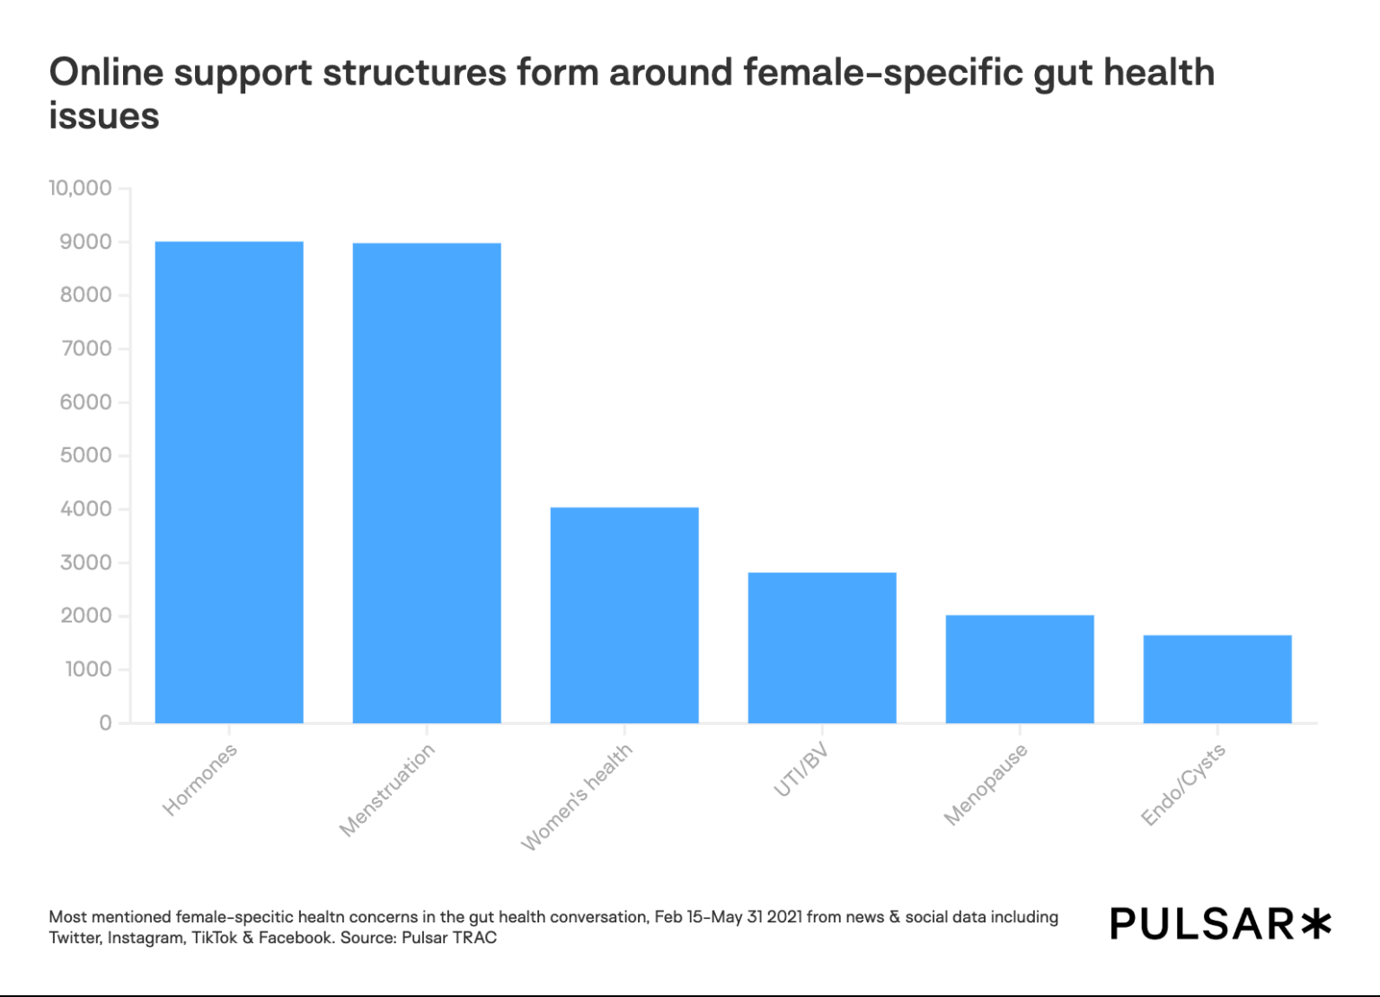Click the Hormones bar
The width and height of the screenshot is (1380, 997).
click(x=229, y=482)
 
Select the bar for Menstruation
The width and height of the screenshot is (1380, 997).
click(x=427, y=483)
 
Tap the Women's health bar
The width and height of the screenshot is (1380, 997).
click(x=624, y=615)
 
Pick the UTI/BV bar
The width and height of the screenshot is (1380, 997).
click(x=822, y=648)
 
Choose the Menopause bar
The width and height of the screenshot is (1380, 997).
click(x=1020, y=669)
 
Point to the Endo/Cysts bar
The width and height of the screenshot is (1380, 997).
click(x=1217, y=679)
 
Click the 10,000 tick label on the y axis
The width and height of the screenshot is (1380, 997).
click(x=80, y=189)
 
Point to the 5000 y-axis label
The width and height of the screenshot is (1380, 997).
click(x=86, y=455)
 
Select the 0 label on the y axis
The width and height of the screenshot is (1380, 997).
click(x=105, y=723)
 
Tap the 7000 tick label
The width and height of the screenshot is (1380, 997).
click(x=86, y=349)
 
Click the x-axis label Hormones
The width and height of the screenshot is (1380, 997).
click(x=199, y=780)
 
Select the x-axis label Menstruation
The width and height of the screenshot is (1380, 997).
click(x=386, y=790)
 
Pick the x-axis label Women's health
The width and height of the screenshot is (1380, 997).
click(x=577, y=797)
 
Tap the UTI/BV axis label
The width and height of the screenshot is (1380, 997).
click(x=801, y=771)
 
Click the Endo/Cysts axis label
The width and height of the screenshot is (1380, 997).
click(x=1182, y=785)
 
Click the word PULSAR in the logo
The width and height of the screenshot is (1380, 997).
click(x=1202, y=924)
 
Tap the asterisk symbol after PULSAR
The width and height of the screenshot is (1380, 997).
click(x=1316, y=923)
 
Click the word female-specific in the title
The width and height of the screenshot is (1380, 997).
click(x=883, y=73)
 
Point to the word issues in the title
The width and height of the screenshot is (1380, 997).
click(x=104, y=117)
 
